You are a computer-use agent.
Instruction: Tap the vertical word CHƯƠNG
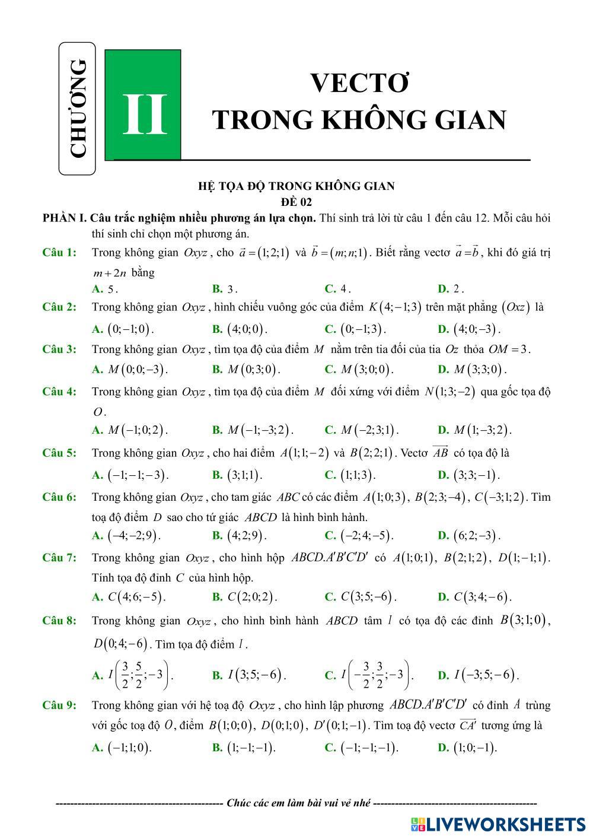(78, 109)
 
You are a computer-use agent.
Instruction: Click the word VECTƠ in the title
(360, 84)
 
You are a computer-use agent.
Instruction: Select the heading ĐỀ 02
(296, 202)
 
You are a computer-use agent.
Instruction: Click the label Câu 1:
(59, 253)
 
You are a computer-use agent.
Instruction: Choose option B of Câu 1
(225, 289)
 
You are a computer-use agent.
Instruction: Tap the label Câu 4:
(59, 392)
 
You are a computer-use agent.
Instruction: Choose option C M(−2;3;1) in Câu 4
(362, 430)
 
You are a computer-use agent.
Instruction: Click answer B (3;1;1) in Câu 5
(237, 475)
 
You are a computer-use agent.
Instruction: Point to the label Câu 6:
(59, 497)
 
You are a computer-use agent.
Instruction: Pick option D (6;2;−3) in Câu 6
(469, 536)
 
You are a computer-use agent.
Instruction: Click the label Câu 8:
(59, 621)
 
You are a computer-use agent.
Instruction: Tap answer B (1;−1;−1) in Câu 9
(244, 748)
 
